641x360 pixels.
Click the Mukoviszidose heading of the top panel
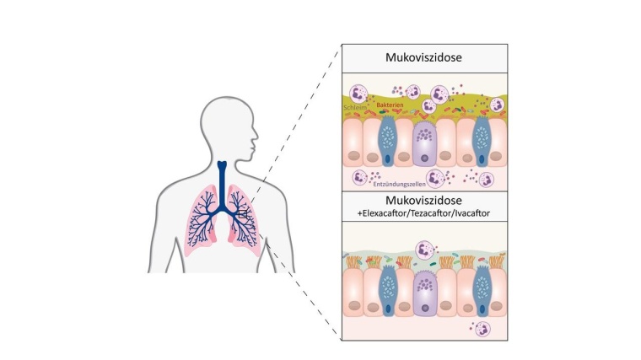click(423, 61)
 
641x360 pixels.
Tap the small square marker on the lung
click(243, 215)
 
